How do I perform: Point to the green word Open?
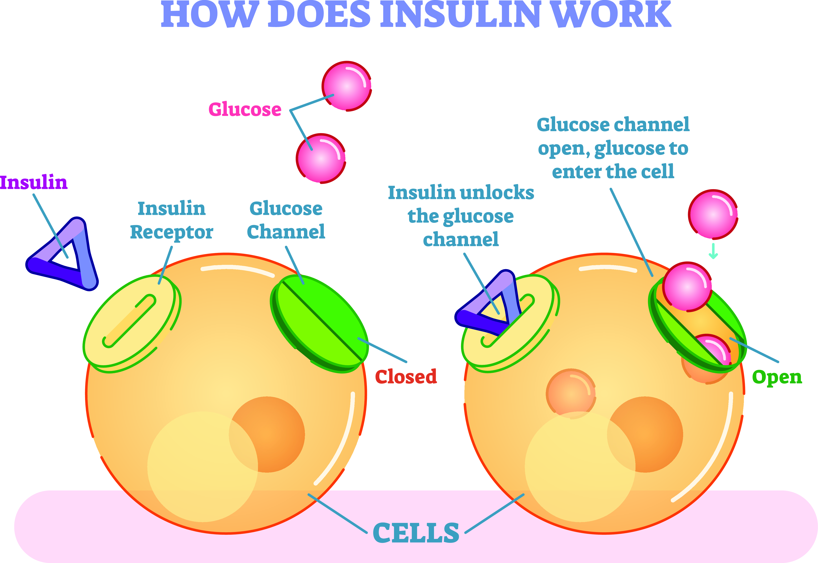click(777, 377)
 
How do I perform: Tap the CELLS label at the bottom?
click(416, 533)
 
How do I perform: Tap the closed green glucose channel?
click(319, 323)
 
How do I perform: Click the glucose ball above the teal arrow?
click(713, 214)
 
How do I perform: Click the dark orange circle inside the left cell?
click(267, 434)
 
